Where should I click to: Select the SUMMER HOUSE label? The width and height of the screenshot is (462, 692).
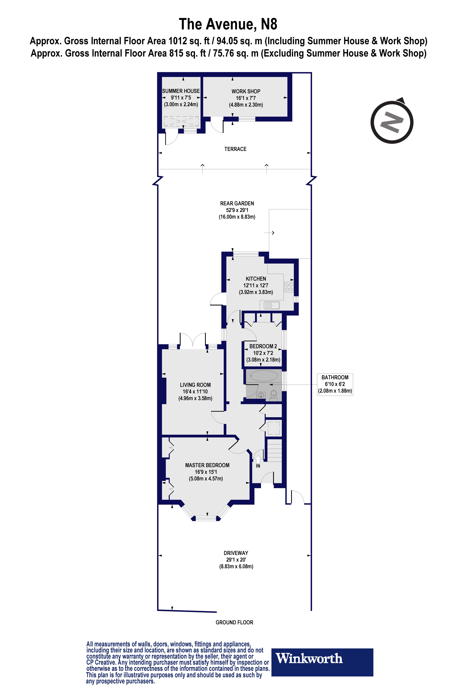click(x=181, y=91)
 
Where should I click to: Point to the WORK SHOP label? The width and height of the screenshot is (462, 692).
click(x=246, y=91)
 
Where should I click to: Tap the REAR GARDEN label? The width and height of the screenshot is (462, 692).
click(x=237, y=203)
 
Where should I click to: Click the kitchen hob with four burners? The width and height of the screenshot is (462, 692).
click(x=289, y=287)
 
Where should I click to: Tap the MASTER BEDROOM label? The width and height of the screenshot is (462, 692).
click(x=207, y=465)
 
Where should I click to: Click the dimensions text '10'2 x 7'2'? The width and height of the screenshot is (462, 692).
click(x=263, y=353)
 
